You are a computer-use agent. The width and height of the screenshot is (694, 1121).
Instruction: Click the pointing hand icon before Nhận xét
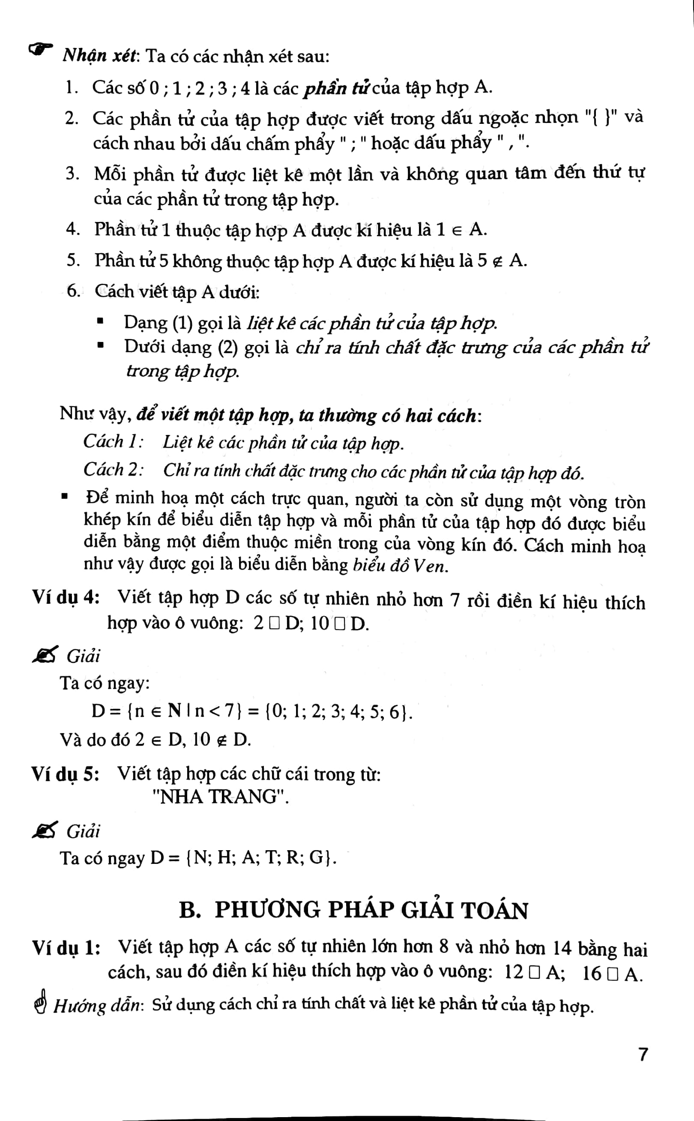pyautogui.click(x=40, y=49)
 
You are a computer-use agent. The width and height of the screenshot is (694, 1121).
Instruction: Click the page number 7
pyautogui.click(x=643, y=1055)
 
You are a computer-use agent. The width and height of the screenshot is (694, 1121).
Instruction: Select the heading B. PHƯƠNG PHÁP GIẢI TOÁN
pyautogui.click(x=353, y=910)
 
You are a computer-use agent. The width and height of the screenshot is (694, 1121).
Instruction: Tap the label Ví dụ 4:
pyautogui.click(x=66, y=598)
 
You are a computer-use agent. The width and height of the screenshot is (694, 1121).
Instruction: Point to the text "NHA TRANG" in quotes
pyautogui.click(x=220, y=797)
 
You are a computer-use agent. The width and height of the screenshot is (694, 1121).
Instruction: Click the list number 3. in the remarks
pyautogui.click(x=72, y=174)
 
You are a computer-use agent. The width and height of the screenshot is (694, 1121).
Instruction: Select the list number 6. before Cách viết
pyautogui.click(x=73, y=291)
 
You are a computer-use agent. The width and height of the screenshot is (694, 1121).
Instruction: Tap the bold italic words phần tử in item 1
pyautogui.click(x=336, y=88)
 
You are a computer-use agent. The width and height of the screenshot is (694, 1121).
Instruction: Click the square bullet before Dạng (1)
pyautogui.click(x=101, y=321)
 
